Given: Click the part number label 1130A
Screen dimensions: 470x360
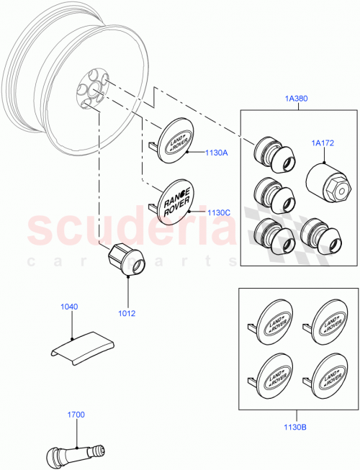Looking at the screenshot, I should point(197,153).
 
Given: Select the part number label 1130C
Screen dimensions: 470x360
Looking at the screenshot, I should point(197,213).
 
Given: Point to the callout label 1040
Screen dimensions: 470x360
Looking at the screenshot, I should point(68,307).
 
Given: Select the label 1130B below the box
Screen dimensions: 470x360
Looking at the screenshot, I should point(295,427).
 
